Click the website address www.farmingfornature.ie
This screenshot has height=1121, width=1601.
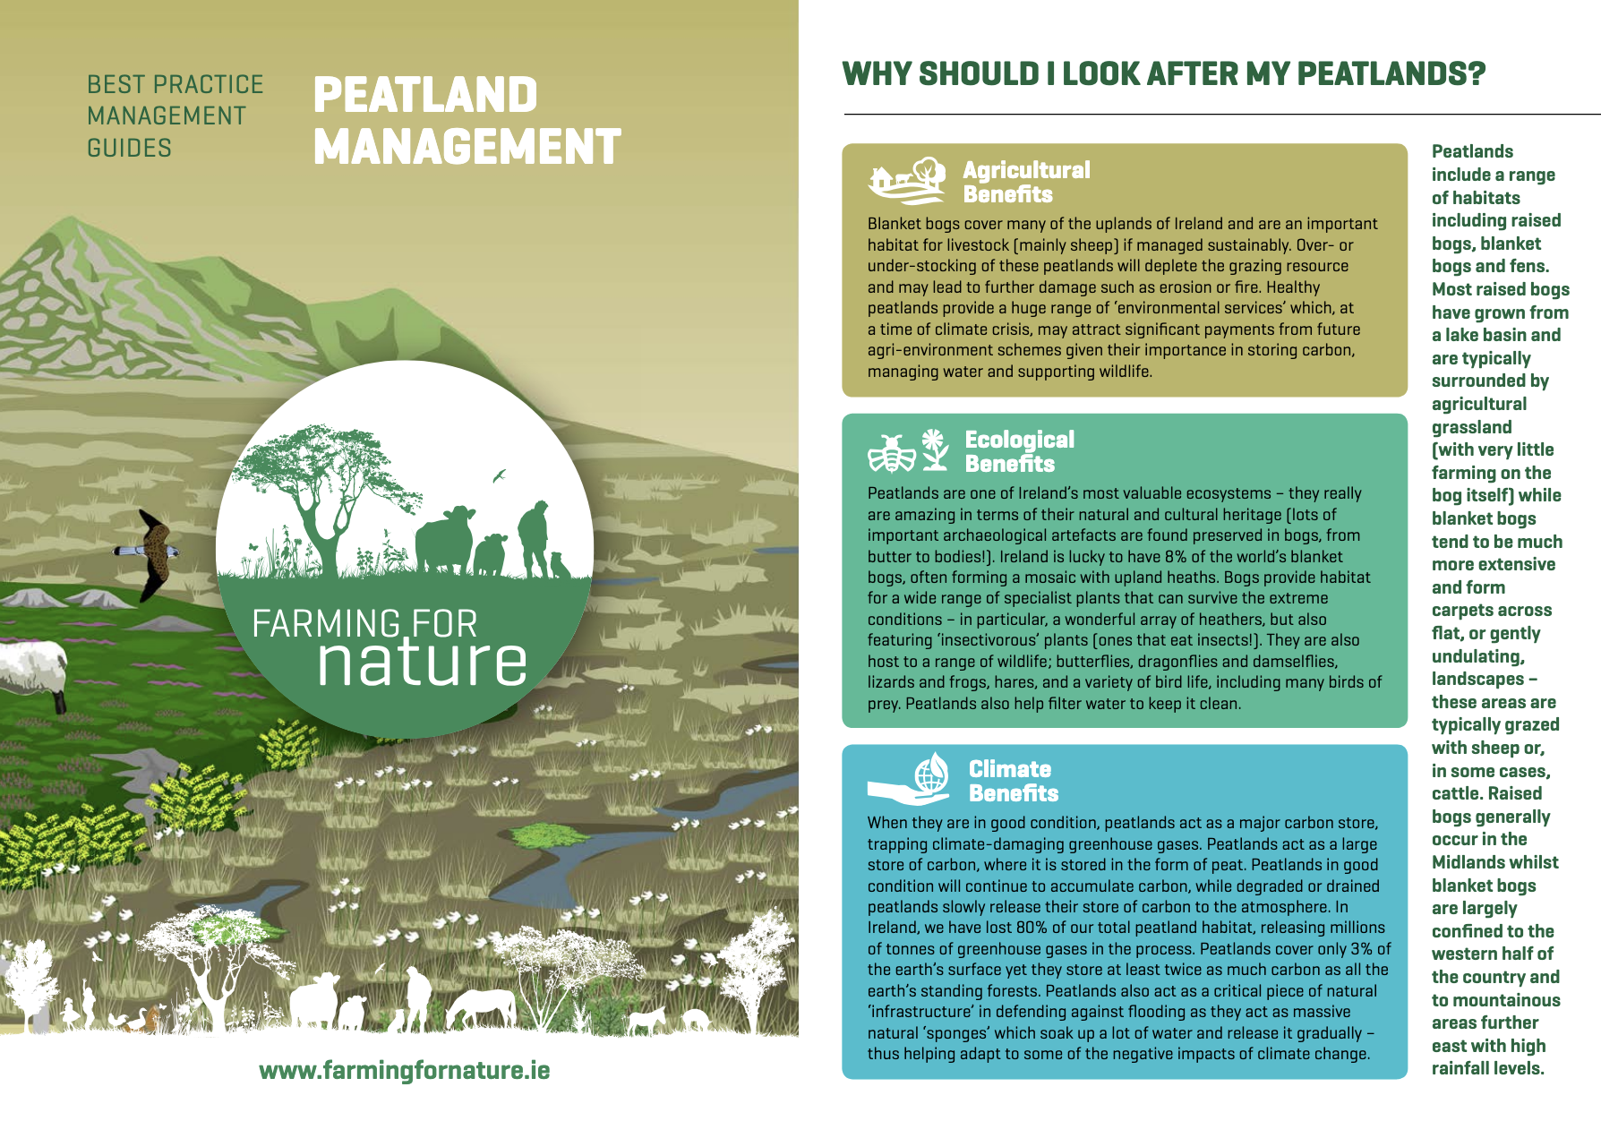(405, 1070)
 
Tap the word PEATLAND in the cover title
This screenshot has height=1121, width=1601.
(425, 95)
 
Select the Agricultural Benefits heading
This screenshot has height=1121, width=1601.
(1026, 182)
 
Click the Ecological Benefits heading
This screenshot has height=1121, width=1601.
(1019, 451)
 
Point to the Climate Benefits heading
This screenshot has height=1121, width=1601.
(1014, 781)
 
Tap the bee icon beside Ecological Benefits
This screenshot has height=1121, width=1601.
(892, 452)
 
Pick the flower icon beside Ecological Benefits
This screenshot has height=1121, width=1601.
(935, 449)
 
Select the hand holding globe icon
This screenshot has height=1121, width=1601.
(909, 779)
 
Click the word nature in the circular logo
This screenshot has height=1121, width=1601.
(422, 662)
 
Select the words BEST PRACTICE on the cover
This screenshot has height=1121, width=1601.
(176, 84)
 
